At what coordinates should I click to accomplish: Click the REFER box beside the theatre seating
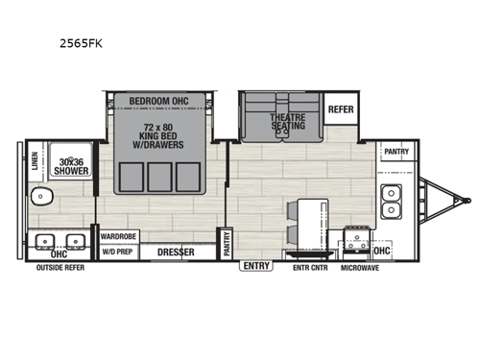pyautogui.click(x=341, y=109)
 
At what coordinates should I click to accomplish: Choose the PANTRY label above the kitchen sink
pyautogui.click(x=396, y=152)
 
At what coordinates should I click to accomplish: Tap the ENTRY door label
pyautogui.click(x=255, y=265)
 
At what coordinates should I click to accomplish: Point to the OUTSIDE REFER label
pyautogui.click(x=61, y=268)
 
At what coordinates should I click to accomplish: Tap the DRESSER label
pyautogui.click(x=175, y=252)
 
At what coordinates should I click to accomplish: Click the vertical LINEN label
pyautogui.click(x=35, y=167)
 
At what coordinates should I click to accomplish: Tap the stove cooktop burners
pyautogui.click(x=357, y=236)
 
